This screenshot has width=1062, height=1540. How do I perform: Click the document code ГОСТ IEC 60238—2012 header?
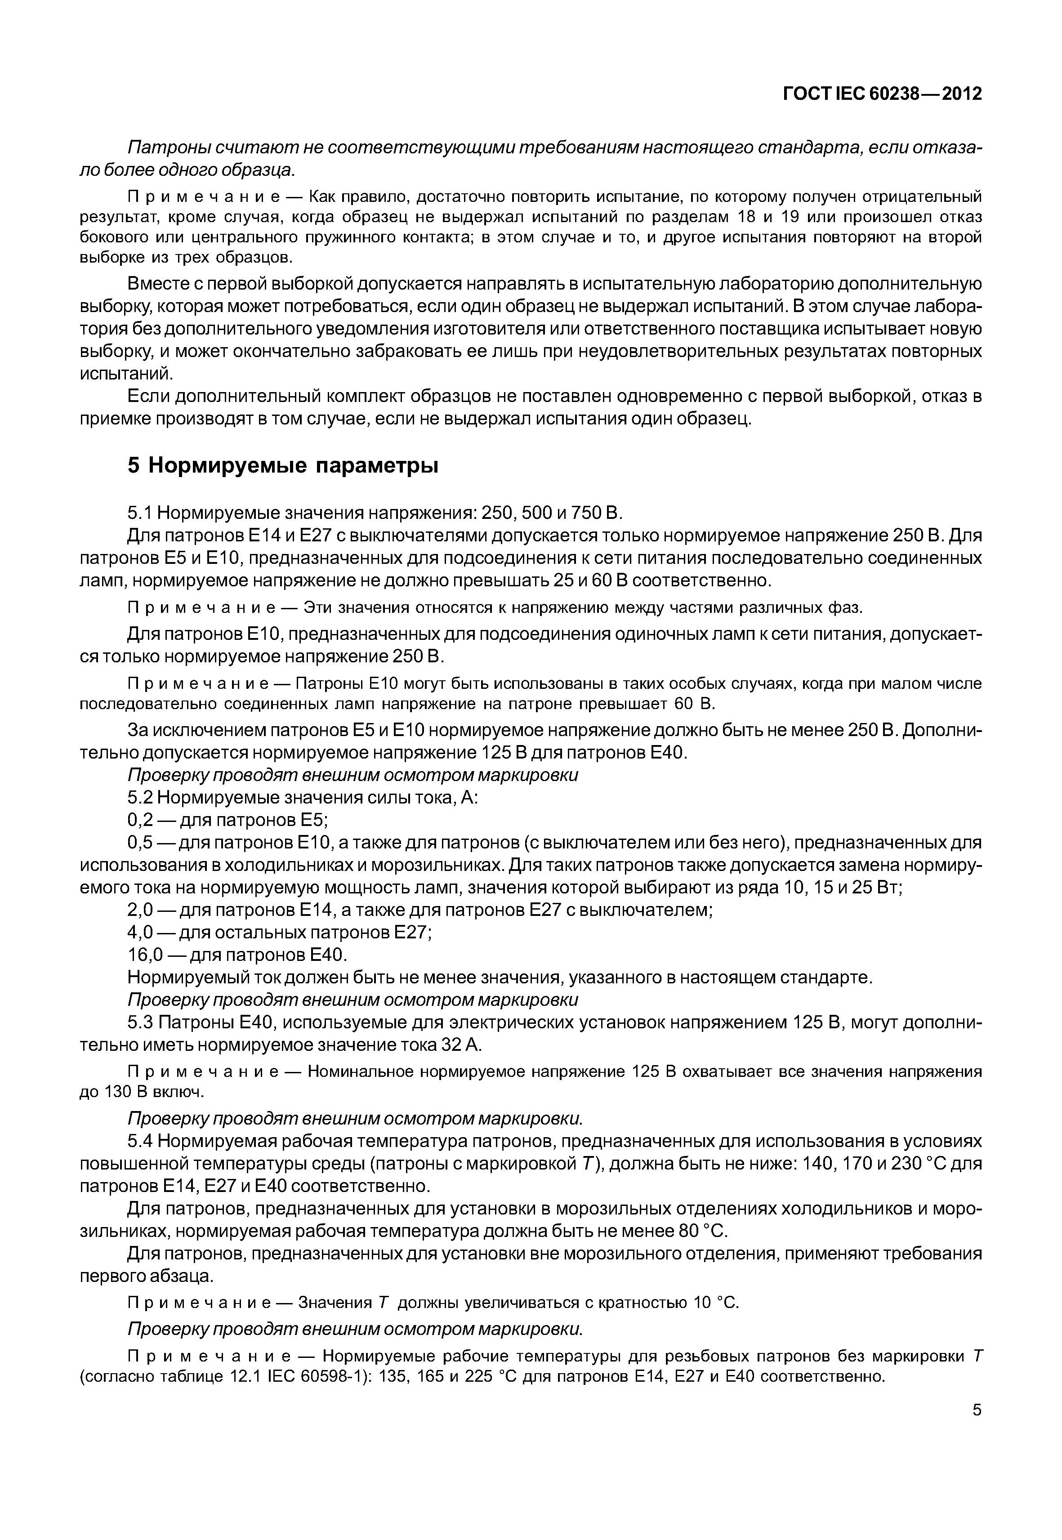882,94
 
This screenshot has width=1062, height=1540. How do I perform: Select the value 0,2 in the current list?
140,820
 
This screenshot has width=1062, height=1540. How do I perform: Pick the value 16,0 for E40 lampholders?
145,955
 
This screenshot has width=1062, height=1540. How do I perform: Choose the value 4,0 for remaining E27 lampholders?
140,933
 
